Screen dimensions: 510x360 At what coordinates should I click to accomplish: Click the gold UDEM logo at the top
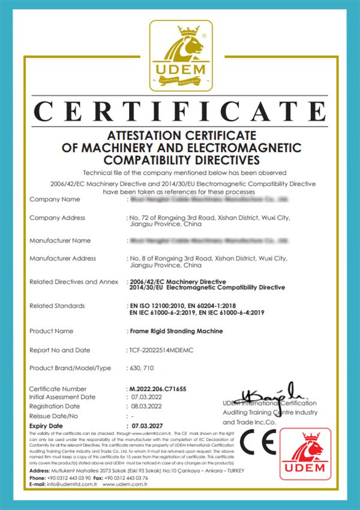181,56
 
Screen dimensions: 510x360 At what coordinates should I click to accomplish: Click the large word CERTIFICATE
180,112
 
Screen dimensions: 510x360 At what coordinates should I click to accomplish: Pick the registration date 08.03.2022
147,406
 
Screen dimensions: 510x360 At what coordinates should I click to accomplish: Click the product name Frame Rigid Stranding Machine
176,331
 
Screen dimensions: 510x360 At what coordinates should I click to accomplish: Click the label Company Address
57,218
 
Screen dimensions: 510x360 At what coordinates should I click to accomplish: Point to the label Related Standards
57,306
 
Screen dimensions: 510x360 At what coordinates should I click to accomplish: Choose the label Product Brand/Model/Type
70,368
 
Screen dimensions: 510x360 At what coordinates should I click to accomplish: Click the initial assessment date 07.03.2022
147,397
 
